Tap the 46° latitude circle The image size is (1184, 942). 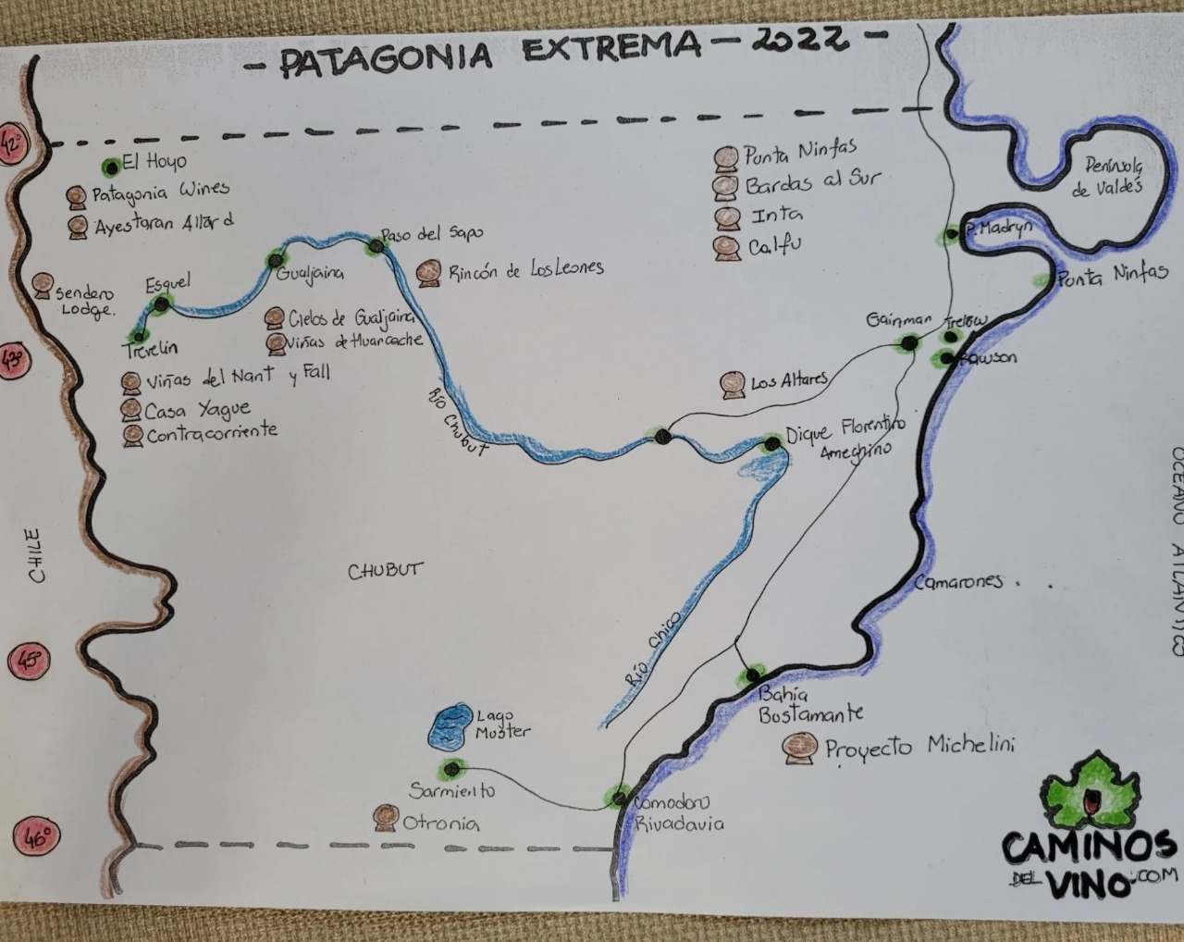point(35,838)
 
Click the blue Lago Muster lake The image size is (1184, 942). point(451,726)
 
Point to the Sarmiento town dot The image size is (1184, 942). point(451,768)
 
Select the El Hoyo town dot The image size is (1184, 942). point(111,167)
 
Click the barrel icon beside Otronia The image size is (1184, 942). point(386,818)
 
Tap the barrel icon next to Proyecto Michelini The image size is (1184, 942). point(799,748)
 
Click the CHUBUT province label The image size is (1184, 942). point(384,570)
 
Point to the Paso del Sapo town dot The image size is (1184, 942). point(376,245)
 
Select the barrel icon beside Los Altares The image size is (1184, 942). point(734,385)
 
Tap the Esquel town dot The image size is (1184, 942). point(162,304)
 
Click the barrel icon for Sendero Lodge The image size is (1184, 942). point(43,286)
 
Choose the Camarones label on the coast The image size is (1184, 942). point(958,582)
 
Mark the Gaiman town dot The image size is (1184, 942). point(908,343)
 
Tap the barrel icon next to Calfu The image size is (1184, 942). point(726,248)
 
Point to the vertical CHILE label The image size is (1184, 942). point(34,555)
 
